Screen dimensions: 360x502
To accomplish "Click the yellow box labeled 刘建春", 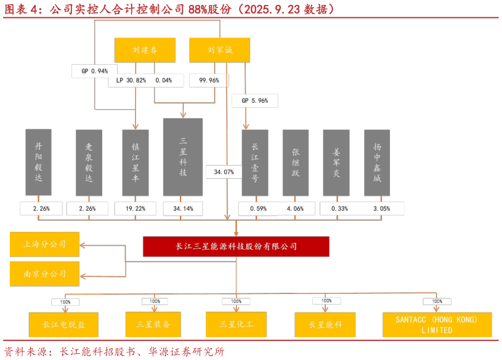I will coord(145,50).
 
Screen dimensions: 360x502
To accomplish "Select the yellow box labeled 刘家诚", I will coord(219,50).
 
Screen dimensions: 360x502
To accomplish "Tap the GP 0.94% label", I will coord(94,72).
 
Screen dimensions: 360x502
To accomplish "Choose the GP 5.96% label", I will coord(254,100).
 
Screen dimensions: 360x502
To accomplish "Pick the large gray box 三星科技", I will coord(183,157).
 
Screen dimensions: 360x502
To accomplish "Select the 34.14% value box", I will coord(183,209).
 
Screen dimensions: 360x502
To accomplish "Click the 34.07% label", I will coord(223,173).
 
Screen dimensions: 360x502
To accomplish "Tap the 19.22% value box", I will coord(135,209).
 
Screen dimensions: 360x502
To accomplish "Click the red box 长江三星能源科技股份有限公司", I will coord(236,247).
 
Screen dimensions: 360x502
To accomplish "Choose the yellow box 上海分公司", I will coord(44,244).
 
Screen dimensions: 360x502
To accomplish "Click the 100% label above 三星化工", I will coord(236,301).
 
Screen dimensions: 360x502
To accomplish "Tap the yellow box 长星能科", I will coord(325,324).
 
